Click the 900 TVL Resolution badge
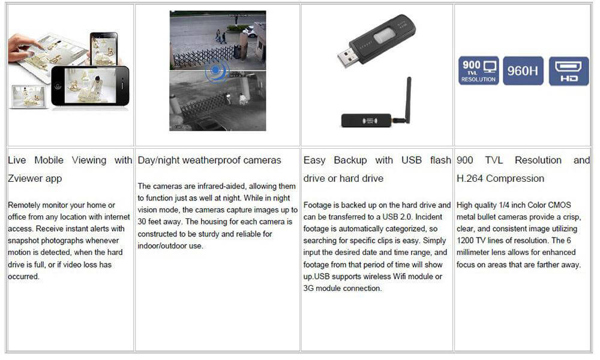click(479, 70)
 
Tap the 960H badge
click(523, 70)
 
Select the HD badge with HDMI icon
click(569, 70)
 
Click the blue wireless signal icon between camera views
click(217, 71)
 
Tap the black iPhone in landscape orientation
click(90, 86)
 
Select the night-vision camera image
click(217, 102)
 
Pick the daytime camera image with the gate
click(217, 39)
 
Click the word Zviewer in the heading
click(27, 178)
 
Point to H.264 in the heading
click(470, 178)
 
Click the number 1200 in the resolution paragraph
click(466, 241)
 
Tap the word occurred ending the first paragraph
click(23, 277)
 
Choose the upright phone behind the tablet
click(103, 48)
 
